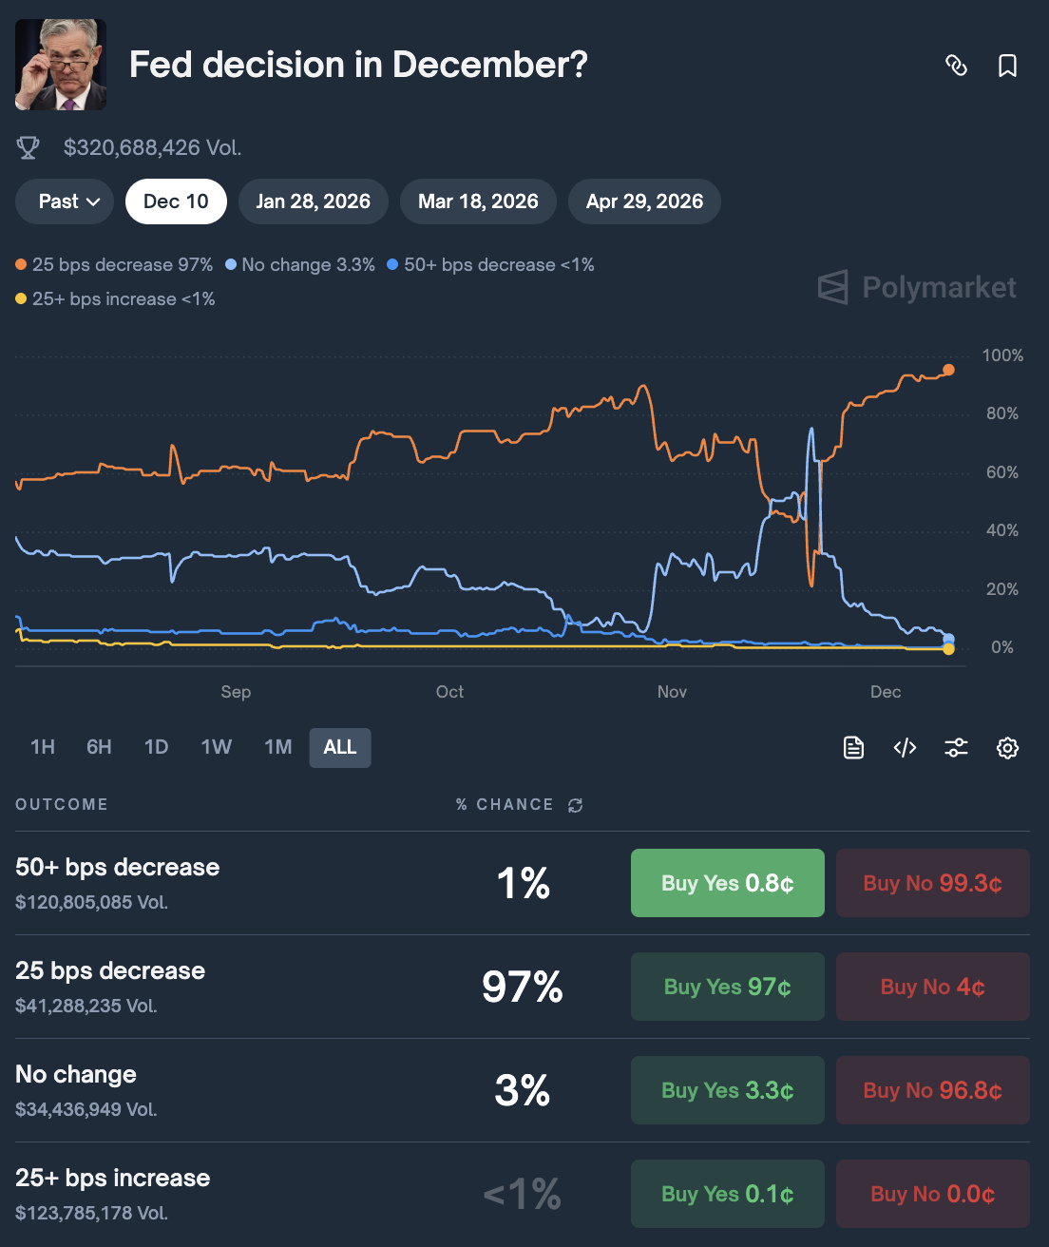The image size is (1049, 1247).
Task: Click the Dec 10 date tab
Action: tap(176, 201)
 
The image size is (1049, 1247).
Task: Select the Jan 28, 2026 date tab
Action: tap(313, 201)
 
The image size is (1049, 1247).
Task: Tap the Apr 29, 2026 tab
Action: tap(644, 201)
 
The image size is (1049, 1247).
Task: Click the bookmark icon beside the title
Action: tap(1007, 66)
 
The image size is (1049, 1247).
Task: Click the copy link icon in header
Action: tap(956, 66)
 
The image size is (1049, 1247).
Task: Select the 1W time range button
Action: tap(216, 747)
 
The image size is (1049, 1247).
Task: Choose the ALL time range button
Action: tap(339, 747)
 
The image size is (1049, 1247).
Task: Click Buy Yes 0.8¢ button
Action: tap(727, 883)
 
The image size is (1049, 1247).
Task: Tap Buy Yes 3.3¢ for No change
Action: tap(727, 1090)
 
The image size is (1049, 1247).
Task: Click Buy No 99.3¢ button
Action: tap(932, 883)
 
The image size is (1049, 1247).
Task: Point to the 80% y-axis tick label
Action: tap(1001, 413)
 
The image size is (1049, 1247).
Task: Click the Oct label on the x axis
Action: tap(449, 692)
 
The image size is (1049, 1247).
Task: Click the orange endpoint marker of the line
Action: tap(948, 370)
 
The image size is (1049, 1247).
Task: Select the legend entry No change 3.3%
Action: tap(300, 265)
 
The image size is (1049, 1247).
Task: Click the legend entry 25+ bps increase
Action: tap(115, 299)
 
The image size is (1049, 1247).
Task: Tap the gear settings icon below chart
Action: tap(1007, 748)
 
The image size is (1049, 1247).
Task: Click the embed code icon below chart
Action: tap(905, 748)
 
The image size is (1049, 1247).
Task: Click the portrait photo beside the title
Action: tap(61, 65)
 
